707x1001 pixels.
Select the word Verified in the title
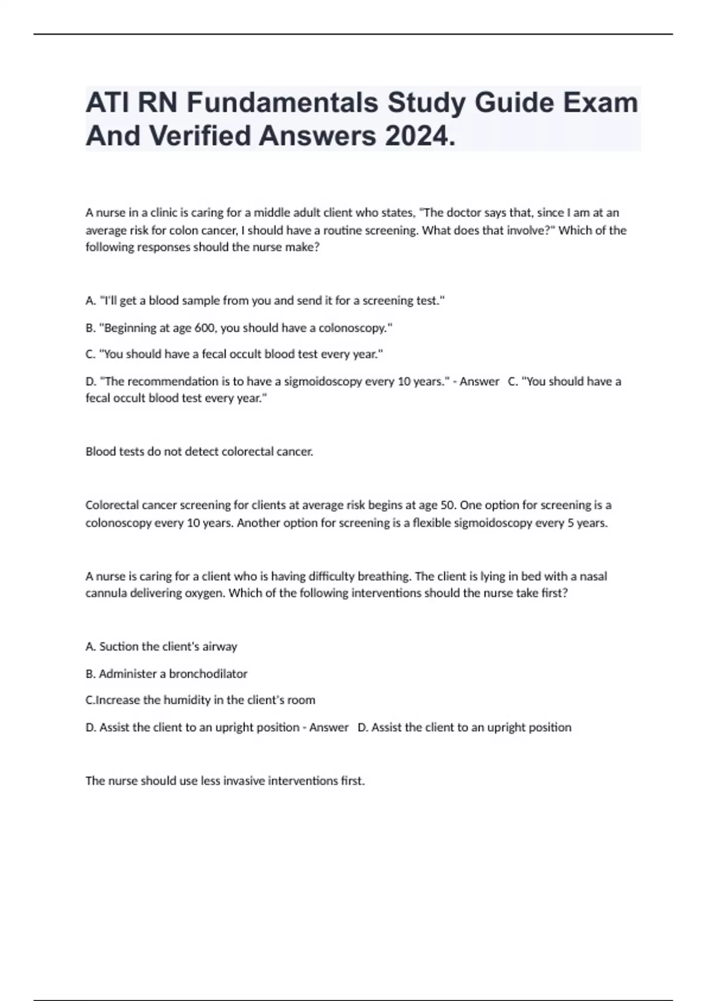point(203,136)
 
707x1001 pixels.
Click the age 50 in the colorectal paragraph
point(447,505)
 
